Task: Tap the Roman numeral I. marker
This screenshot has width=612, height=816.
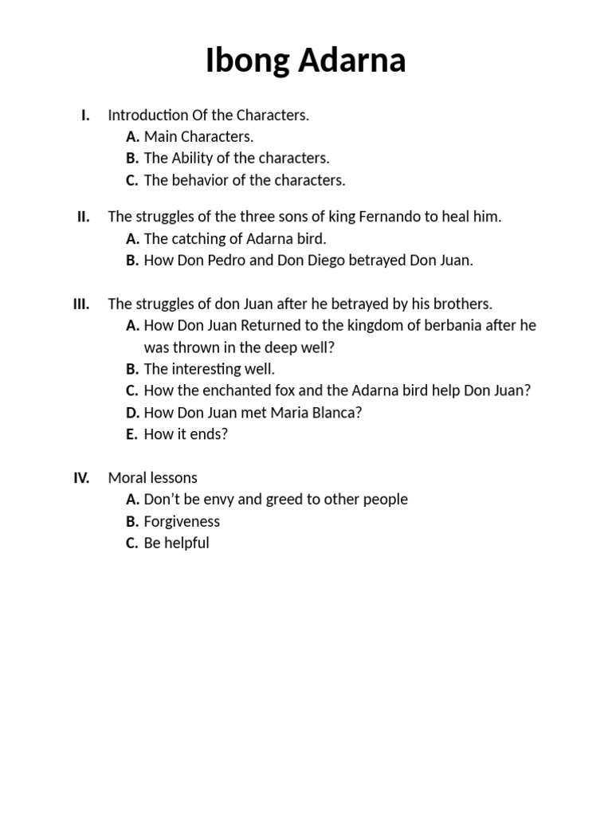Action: tap(85, 115)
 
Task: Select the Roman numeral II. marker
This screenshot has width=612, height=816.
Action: tap(84, 217)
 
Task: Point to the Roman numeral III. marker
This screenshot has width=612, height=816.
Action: tap(81, 304)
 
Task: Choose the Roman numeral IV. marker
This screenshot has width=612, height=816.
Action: tap(81, 478)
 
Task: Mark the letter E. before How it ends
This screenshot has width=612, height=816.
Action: tap(131, 434)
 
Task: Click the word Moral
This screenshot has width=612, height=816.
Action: tap(127, 478)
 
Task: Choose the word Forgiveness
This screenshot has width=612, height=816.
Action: tap(182, 522)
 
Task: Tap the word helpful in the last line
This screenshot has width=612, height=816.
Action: tap(187, 543)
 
